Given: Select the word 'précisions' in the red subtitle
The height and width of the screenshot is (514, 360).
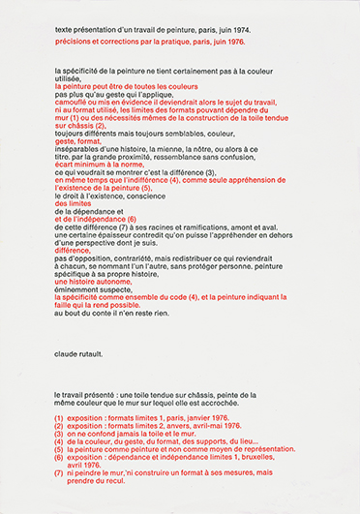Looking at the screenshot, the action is [74, 44].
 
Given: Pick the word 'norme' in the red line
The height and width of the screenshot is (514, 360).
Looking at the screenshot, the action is [125, 190].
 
